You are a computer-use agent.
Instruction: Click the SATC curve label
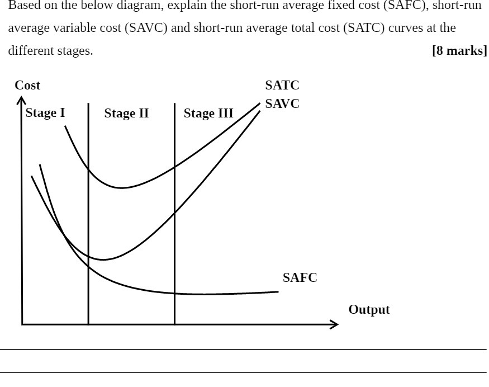(282, 86)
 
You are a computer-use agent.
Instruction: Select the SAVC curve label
(282, 104)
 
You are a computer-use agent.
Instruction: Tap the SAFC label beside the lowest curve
(300, 278)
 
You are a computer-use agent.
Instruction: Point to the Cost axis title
(27, 86)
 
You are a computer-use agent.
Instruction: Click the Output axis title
(369, 310)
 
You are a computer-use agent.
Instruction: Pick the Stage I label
(45, 113)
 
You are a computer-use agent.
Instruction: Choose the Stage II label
(126, 114)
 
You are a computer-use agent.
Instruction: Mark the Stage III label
(208, 114)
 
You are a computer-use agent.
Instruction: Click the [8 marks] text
(459, 51)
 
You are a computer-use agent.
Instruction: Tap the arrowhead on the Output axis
(335, 324)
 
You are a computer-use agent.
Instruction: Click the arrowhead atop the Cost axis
(21, 100)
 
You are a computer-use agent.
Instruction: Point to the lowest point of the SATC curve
(121, 188)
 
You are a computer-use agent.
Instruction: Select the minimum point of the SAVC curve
(103, 260)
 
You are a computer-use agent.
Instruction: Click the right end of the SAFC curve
(278, 291)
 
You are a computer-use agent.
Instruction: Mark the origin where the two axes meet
(22, 324)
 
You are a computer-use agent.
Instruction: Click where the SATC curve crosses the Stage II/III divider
(174, 166)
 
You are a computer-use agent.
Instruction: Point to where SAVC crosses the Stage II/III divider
(174, 213)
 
